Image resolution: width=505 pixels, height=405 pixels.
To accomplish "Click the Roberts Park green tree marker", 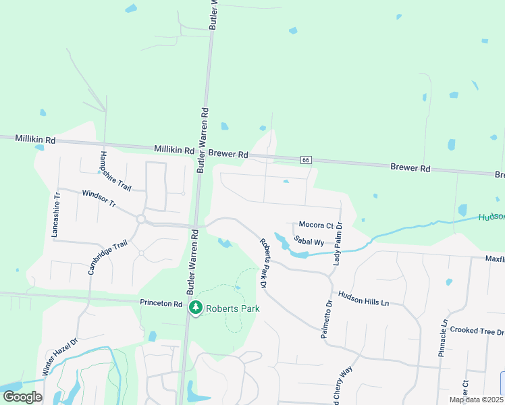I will (196, 308).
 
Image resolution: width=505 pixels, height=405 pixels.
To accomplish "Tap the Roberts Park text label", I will (233, 309).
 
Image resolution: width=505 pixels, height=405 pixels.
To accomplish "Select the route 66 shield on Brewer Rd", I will (307, 160).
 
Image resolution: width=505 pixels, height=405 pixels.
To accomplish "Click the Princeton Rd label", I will (161, 304).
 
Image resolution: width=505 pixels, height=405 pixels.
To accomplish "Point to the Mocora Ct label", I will (317, 225).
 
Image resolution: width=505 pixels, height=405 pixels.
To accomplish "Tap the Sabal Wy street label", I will (309, 241).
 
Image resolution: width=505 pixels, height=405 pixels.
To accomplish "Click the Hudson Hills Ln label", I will (363, 299).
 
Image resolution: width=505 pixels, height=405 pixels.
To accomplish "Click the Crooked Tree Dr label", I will (477, 331).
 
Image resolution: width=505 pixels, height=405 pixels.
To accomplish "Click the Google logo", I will (22, 396).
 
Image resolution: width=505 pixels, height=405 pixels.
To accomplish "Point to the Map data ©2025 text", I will (476, 400).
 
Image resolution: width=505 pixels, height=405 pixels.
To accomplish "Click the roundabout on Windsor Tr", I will (141, 219).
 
